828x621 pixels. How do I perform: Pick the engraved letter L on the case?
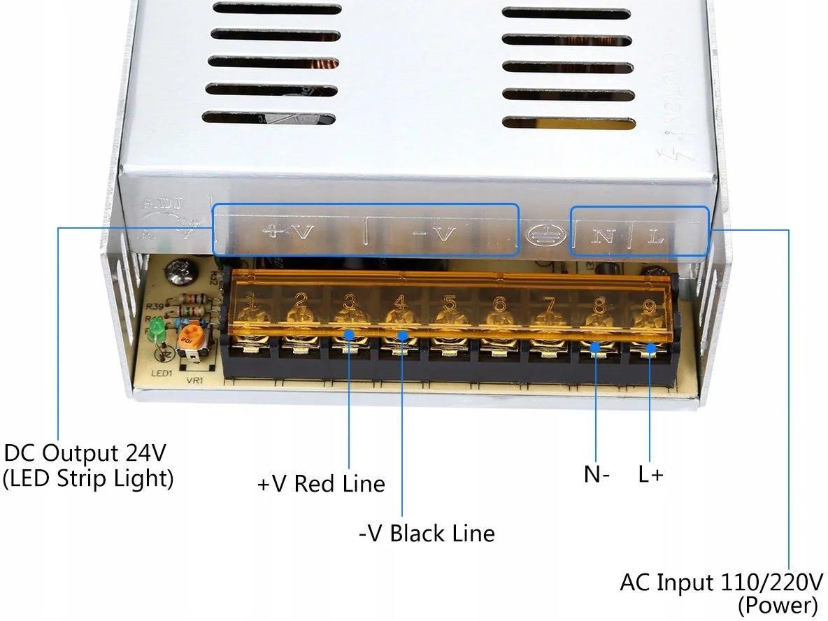[x=655, y=236]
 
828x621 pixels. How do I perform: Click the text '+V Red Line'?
[x=321, y=484]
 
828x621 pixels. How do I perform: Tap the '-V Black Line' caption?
[x=427, y=534]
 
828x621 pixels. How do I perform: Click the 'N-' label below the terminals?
[x=597, y=474]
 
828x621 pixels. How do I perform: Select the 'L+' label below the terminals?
[x=650, y=474]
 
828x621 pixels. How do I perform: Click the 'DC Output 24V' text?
[x=85, y=453]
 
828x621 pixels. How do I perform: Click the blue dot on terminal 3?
[x=349, y=334]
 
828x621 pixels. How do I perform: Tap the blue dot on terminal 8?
[x=596, y=346]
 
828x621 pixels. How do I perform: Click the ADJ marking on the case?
[x=162, y=204]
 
